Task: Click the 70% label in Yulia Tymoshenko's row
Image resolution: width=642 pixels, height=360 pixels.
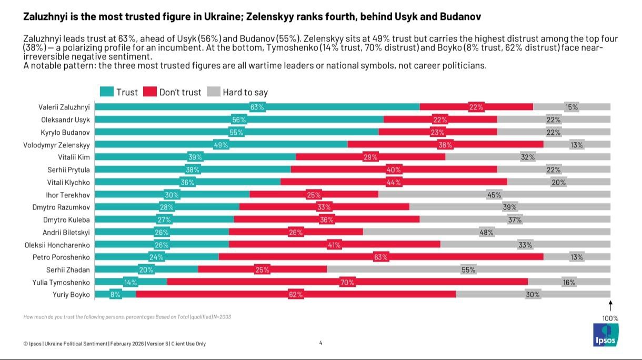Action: [x=347, y=283]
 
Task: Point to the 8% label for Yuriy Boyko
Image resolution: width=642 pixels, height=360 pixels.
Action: [x=115, y=295]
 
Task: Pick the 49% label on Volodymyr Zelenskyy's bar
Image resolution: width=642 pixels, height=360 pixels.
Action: [x=220, y=145]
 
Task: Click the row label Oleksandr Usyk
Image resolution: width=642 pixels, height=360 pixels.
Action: [x=65, y=119]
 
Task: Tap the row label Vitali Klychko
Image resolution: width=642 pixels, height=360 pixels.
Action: [x=68, y=182]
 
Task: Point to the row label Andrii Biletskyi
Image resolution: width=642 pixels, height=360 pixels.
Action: [x=66, y=232]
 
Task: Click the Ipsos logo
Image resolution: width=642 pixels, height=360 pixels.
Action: [x=605, y=335]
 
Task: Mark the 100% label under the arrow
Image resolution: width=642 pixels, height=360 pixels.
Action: [x=610, y=318]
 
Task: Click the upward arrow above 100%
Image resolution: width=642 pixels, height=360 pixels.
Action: [x=610, y=306]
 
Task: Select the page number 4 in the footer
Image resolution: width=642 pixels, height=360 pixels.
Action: [x=321, y=343]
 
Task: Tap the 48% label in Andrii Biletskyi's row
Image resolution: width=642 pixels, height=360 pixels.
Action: [x=486, y=232]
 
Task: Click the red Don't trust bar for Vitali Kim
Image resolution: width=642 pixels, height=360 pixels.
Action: [x=370, y=157]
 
